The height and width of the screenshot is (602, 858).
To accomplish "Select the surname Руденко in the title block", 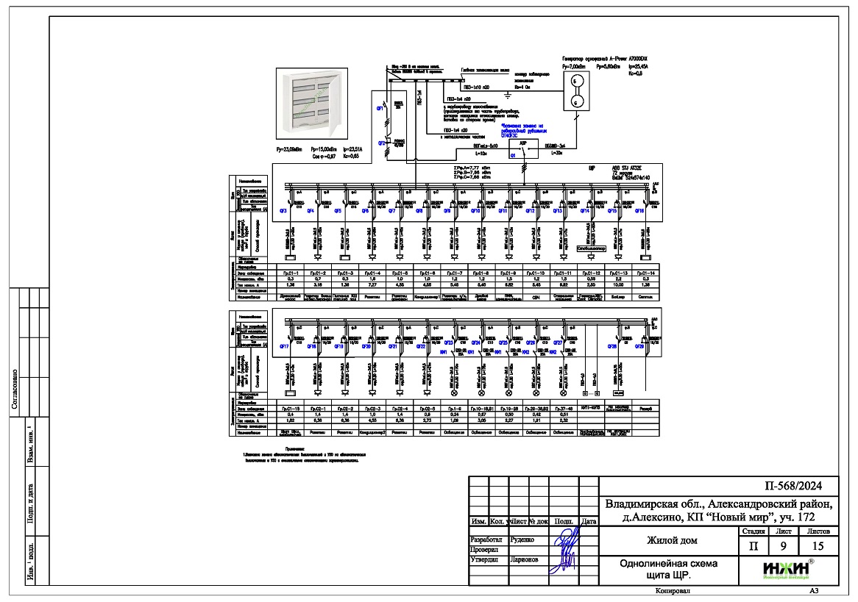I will [x=511, y=539].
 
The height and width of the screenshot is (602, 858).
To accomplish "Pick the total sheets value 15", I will [x=818, y=546].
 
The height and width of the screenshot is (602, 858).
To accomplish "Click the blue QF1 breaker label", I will [x=380, y=108].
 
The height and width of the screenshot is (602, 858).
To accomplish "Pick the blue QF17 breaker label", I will [x=283, y=345].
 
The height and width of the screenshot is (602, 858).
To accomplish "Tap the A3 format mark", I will [x=814, y=590].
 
